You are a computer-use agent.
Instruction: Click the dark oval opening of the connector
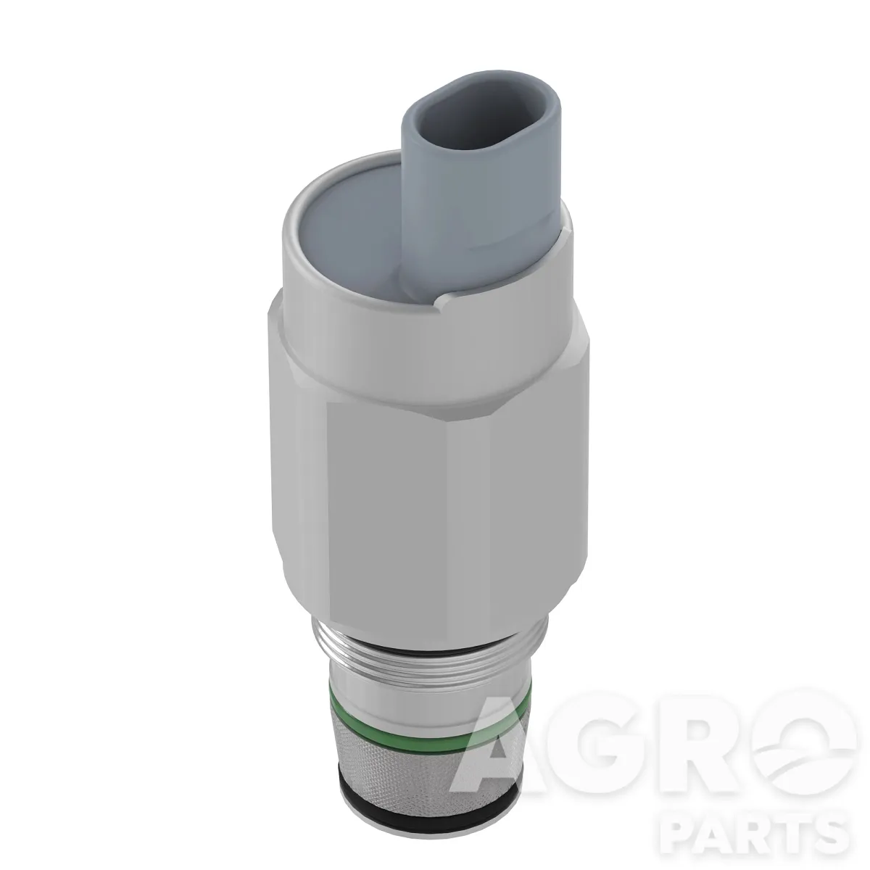click(481, 120)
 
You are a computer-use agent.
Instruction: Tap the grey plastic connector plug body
click(481, 190)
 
